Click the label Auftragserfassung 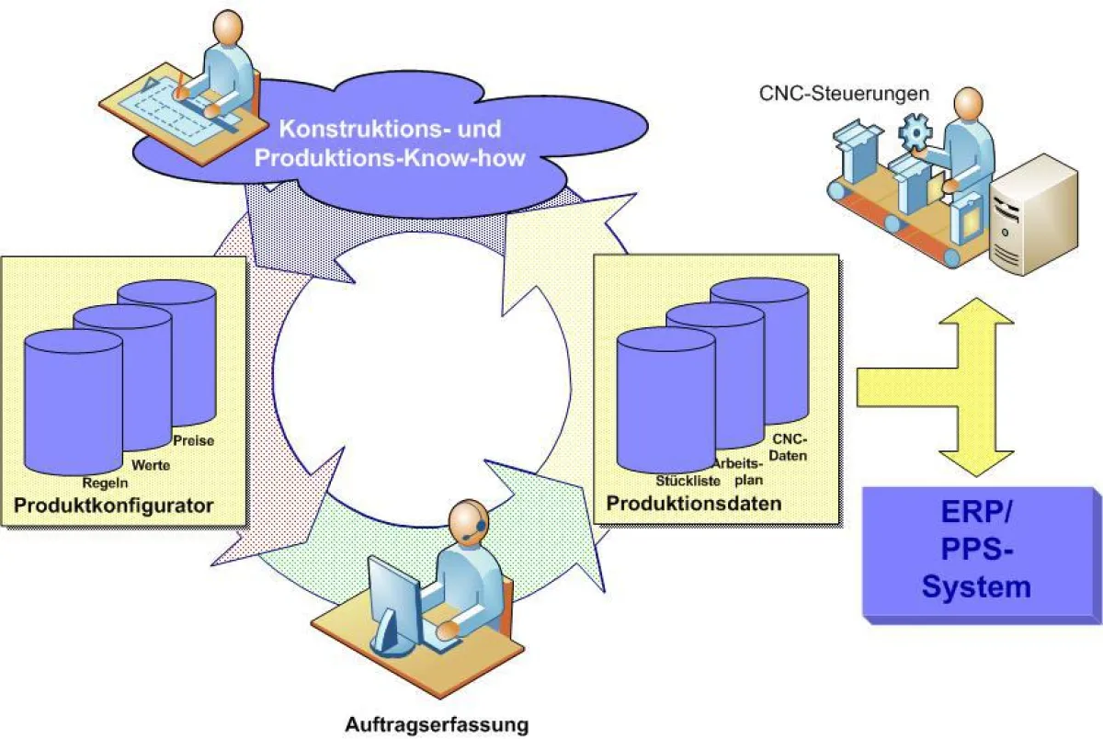pos(437,724)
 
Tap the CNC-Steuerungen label pos(844,93)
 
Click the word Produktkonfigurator pos(114,506)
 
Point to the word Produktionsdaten pos(694,504)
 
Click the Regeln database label pos(105,483)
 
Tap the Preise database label pos(193,440)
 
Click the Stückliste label pos(688,480)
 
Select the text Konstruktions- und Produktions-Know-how pos(390,142)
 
